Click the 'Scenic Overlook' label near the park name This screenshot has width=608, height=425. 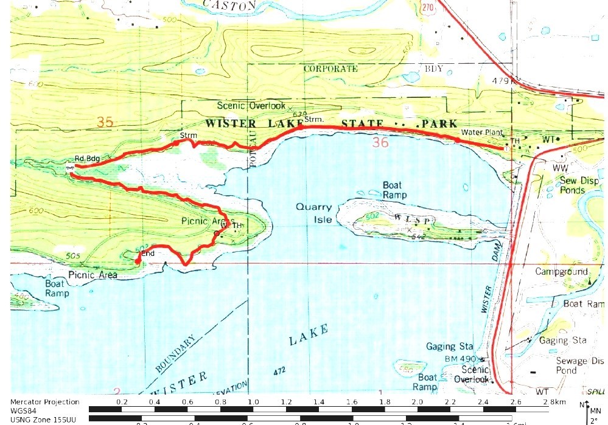(x=251, y=106)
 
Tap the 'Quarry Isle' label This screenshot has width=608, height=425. (x=313, y=212)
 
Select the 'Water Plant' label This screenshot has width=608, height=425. (x=480, y=132)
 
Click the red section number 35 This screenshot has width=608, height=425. (x=105, y=123)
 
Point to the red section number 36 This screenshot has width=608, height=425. (x=380, y=143)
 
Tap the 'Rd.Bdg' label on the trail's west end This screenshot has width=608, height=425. (x=87, y=157)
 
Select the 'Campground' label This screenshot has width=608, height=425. (x=561, y=272)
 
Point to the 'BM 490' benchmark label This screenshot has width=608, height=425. (x=464, y=359)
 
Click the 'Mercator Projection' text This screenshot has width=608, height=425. (x=45, y=402)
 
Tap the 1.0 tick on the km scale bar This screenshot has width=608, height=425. (x=253, y=402)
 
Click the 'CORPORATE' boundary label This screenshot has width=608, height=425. (x=330, y=69)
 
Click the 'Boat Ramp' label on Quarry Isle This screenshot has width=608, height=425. (x=394, y=190)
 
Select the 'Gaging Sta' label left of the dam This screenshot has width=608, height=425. (x=449, y=347)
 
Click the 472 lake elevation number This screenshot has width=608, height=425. (x=279, y=370)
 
